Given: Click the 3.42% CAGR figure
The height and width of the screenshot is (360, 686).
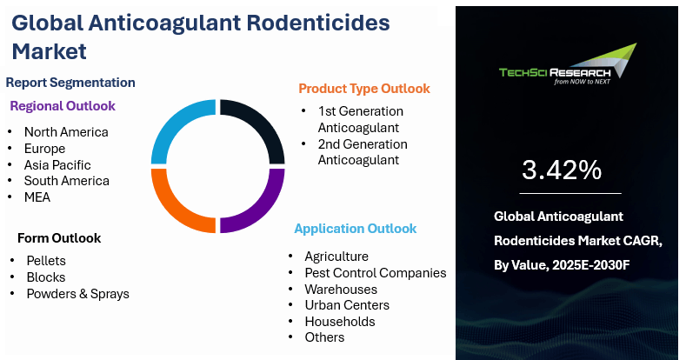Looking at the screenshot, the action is click(562, 170).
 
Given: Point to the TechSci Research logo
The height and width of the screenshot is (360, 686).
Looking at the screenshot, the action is click(568, 63).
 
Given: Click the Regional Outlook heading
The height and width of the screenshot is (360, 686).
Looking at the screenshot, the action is click(63, 106).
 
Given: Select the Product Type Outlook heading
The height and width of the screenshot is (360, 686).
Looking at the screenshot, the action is click(364, 89).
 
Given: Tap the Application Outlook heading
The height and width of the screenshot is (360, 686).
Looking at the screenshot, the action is click(356, 229).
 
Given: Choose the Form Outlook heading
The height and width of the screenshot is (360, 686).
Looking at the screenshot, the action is click(59, 238).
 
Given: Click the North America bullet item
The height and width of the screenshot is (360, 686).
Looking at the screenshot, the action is click(66, 132).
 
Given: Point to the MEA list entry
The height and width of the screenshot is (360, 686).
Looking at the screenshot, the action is click(37, 197).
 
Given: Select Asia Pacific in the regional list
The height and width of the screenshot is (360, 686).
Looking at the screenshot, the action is click(57, 165).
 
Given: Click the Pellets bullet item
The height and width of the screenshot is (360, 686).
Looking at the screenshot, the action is click(46, 261).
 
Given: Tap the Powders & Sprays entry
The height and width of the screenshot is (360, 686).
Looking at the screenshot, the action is click(78, 294).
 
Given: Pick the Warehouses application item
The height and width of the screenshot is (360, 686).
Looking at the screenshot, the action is click(341, 290).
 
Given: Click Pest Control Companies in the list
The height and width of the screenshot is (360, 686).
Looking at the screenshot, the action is click(376, 273).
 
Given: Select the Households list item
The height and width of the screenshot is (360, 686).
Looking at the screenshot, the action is click(340, 322).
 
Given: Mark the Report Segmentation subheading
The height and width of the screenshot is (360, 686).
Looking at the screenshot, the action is click(70, 83).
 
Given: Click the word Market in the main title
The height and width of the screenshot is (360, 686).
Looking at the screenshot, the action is click(49, 51).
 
